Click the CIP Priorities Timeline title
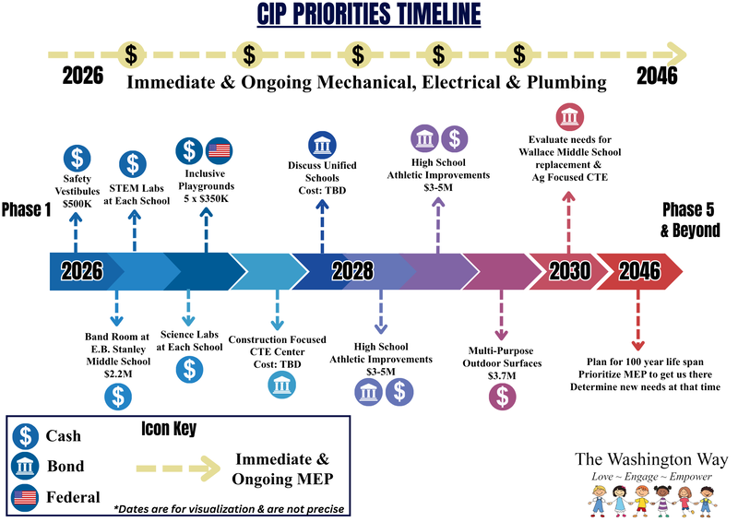coord(368,14)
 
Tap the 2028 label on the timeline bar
coord(352,271)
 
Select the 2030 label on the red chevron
coord(569,271)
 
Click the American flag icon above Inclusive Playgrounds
coord(220,150)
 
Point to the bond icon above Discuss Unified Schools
coord(322,145)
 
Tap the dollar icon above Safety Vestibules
coord(77,158)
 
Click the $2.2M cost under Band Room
coord(118,374)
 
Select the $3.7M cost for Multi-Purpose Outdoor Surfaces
coord(502,375)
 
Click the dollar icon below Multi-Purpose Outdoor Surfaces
coord(502,397)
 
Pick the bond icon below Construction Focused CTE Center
coord(282,385)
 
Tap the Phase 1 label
coord(27,209)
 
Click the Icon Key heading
coord(169,428)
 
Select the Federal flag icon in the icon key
coord(25,497)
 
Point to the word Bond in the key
coord(65,466)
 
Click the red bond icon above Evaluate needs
coord(570,117)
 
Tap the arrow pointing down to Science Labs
coord(188,308)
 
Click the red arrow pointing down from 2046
coord(638,320)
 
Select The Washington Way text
coord(651,459)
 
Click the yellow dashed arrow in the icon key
coord(178,469)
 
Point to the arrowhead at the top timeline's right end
coord(678,55)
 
